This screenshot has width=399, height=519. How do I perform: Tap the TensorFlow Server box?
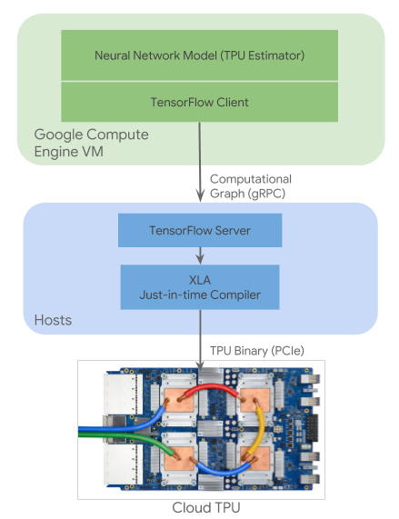pyautogui.click(x=199, y=231)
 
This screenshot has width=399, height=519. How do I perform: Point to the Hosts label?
pyautogui.click(x=55, y=321)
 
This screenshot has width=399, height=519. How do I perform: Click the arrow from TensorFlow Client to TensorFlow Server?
pyautogui.click(x=199, y=164)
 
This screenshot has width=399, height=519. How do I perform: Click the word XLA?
pyautogui.click(x=199, y=277)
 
